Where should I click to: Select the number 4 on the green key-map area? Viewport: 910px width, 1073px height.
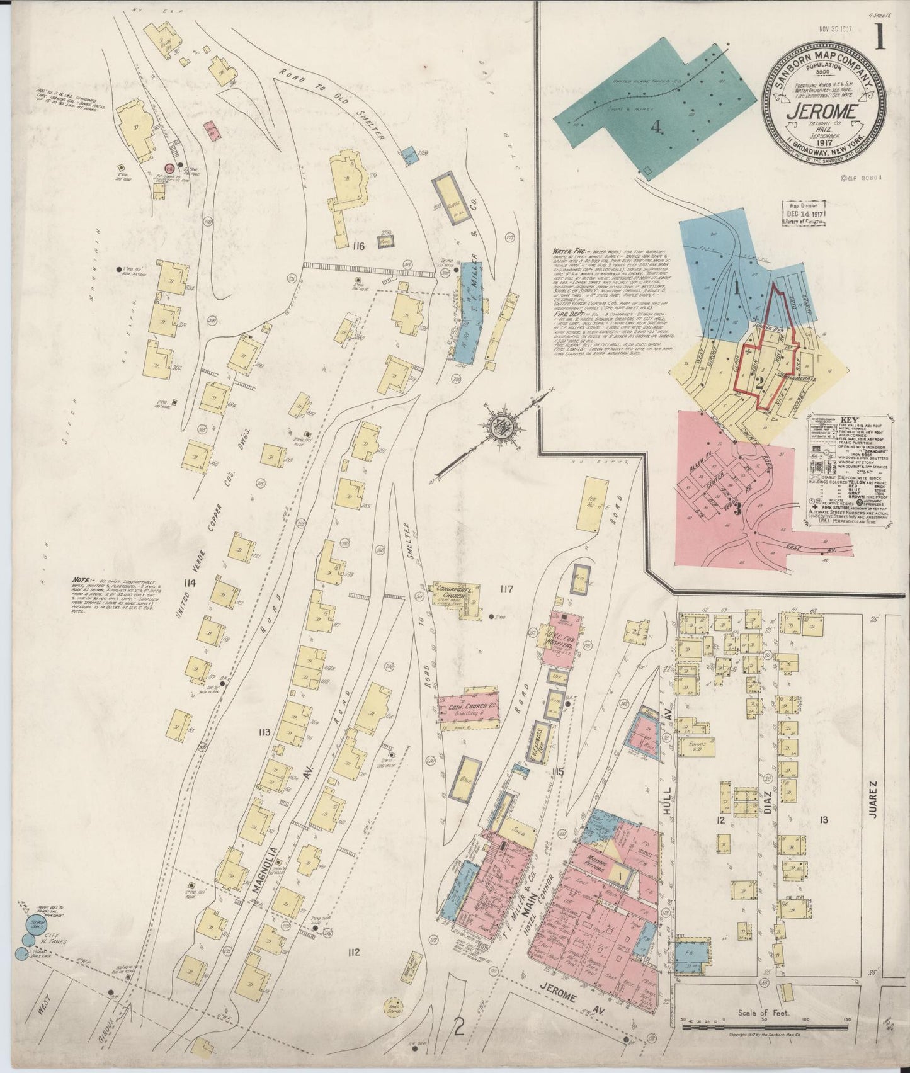pos(656,127)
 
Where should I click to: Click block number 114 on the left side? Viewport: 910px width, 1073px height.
pos(188,583)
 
